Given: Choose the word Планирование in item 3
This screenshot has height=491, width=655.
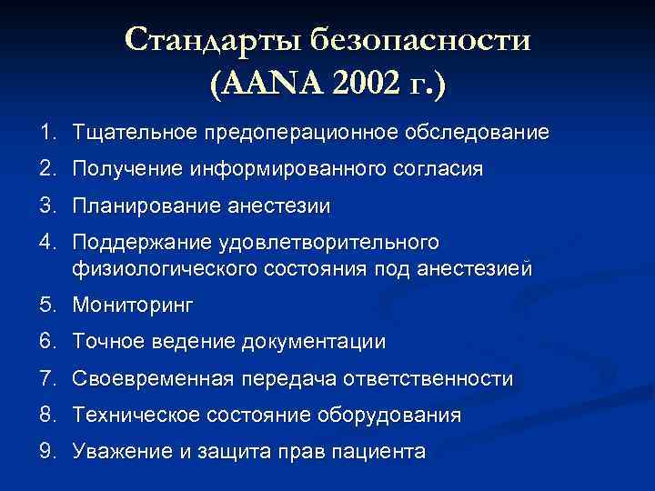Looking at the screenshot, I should click(x=139, y=206).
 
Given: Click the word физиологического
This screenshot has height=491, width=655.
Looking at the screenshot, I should click(x=161, y=269).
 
